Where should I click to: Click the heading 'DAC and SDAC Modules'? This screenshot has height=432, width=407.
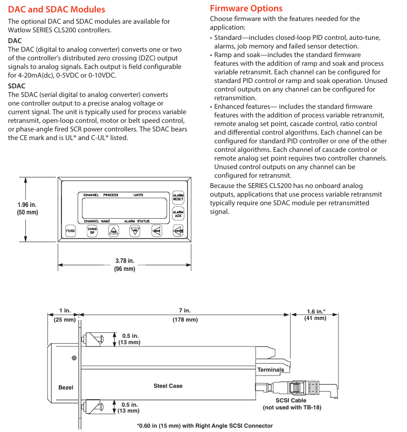[57, 9]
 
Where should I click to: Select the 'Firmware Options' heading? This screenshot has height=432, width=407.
[246, 9]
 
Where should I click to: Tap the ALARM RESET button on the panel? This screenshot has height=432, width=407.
[178, 197]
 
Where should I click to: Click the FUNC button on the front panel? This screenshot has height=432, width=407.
[71, 231]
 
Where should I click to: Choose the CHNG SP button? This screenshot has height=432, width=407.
[92, 231]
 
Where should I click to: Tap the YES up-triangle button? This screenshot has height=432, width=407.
[113, 231]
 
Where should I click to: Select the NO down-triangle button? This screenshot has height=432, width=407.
[135, 231]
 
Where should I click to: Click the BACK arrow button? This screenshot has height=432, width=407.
[156, 231]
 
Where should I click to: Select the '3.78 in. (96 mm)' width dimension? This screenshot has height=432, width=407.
[125, 264]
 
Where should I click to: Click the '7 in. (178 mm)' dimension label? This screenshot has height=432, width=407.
[185, 315]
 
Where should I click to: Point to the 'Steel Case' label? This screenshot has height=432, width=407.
[168, 386]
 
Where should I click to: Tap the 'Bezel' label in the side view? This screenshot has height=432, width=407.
[66, 388]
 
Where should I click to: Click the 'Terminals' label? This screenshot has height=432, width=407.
[271, 370]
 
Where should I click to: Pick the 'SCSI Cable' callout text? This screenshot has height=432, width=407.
[291, 400]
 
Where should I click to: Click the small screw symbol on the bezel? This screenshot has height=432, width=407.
[74, 358]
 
